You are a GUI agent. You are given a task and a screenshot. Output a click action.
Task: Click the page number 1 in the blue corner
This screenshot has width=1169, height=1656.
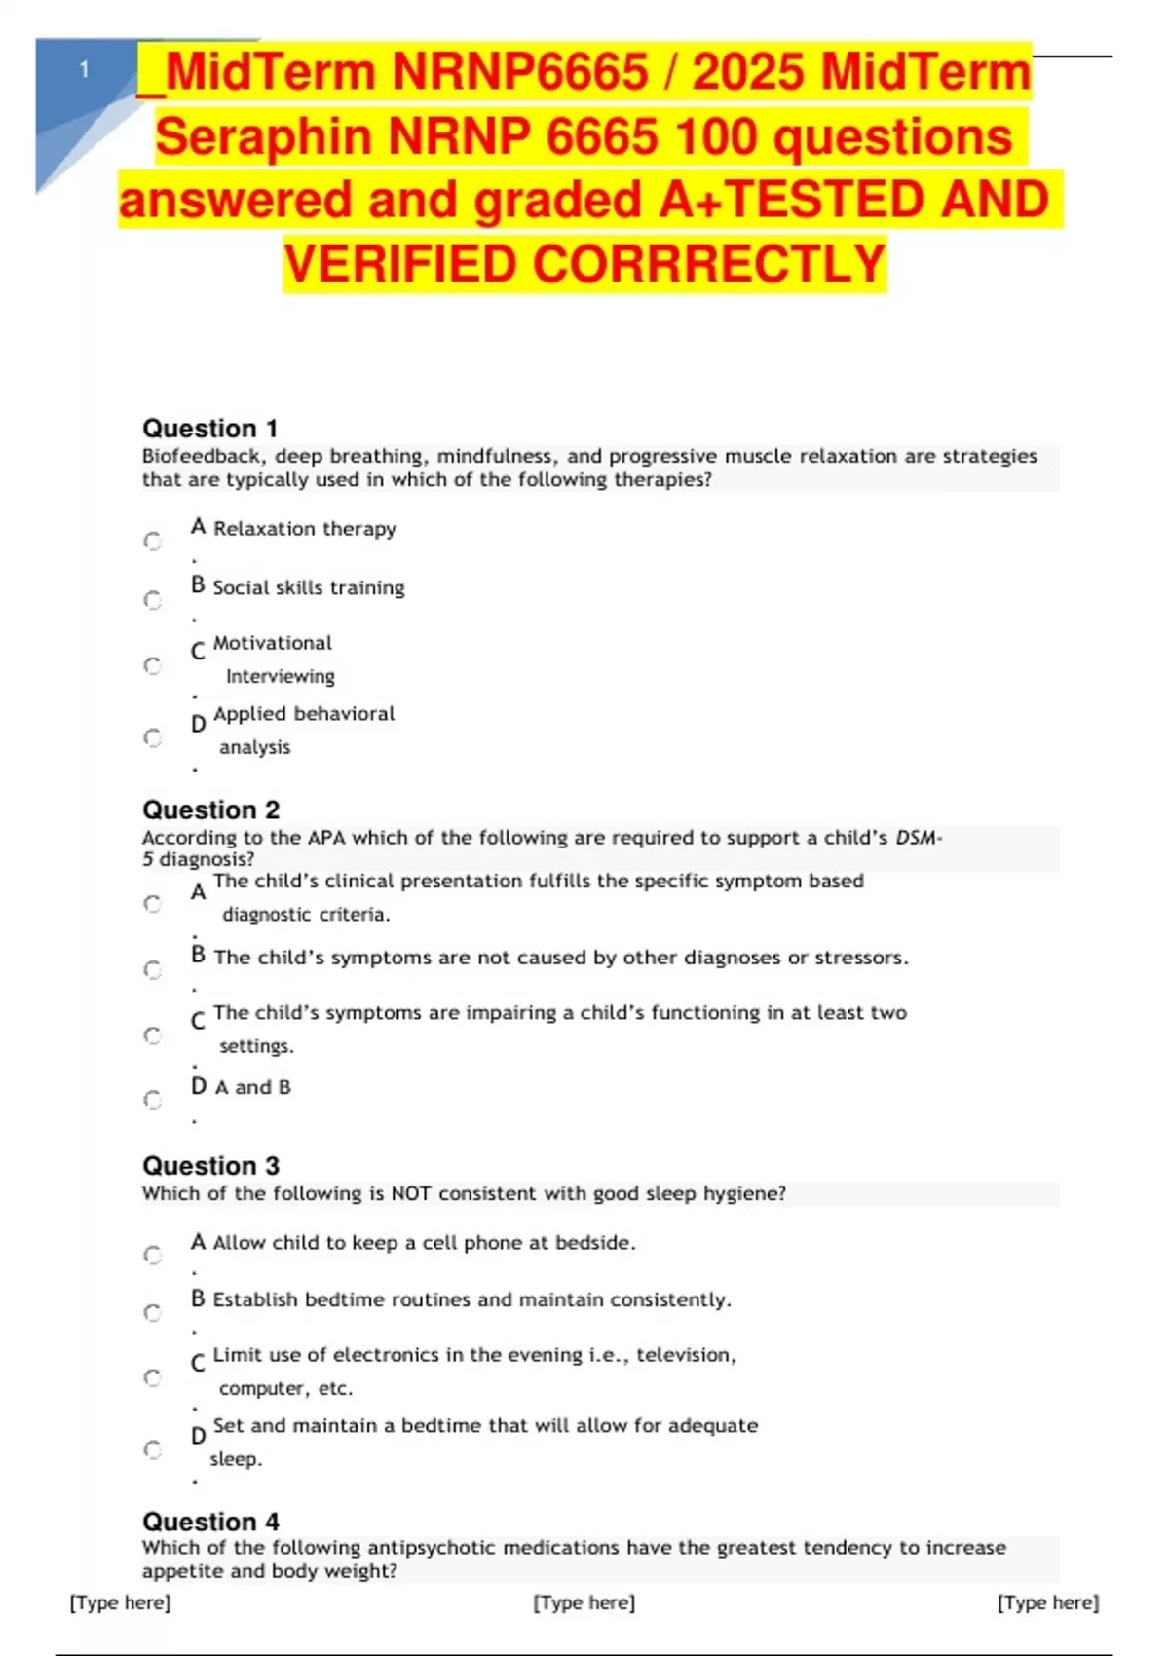(85, 69)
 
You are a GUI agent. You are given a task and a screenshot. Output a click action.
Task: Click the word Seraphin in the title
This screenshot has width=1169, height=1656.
(264, 136)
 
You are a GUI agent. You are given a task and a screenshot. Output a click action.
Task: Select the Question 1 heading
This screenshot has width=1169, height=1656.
(209, 429)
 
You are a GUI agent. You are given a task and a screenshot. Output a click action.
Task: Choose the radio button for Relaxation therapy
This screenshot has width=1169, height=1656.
(153, 541)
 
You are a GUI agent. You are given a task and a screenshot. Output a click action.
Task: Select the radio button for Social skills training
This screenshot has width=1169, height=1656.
(153, 600)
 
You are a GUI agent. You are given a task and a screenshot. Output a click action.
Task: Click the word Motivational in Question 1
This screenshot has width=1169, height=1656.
(272, 643)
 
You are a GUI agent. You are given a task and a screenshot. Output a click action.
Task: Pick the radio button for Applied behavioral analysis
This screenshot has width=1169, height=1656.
(153, 737)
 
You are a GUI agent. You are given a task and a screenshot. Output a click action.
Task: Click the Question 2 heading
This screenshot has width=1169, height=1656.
(210, 809)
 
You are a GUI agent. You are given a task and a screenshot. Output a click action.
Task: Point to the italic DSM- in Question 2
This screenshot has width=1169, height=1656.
(919, 837)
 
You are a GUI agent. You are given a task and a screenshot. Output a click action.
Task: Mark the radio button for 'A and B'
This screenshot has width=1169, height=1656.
(153, 1100)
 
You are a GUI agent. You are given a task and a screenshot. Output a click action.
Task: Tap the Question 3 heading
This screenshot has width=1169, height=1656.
(210, 1166)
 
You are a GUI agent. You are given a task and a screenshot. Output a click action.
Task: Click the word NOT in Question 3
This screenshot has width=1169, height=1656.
(412, 1193)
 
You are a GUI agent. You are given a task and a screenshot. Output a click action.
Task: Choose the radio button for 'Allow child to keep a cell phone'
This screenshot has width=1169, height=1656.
(153, 1255)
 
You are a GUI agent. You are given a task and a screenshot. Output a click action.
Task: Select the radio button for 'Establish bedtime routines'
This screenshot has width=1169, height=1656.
(153, 1313)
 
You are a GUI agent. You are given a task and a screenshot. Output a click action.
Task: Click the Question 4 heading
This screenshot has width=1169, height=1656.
(210, 1522)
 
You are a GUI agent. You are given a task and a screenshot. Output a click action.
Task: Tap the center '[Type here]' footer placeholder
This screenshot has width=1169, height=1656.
(584, 1602)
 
